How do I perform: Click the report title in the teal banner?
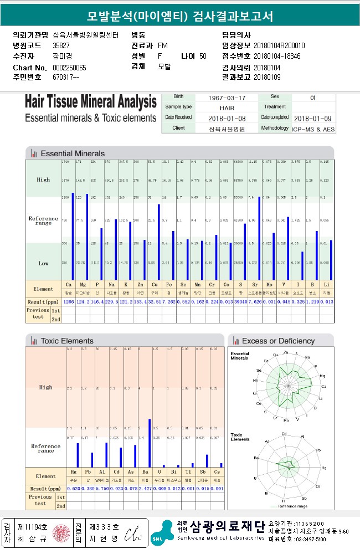180,17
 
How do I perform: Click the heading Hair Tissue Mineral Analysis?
91,102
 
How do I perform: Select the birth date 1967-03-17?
227,98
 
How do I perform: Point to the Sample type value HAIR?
227,107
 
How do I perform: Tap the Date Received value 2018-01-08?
227,118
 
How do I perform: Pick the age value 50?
203,56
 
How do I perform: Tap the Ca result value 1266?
69,301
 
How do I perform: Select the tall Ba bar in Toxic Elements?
149,443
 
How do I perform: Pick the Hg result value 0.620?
74,489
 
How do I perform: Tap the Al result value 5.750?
102,489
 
